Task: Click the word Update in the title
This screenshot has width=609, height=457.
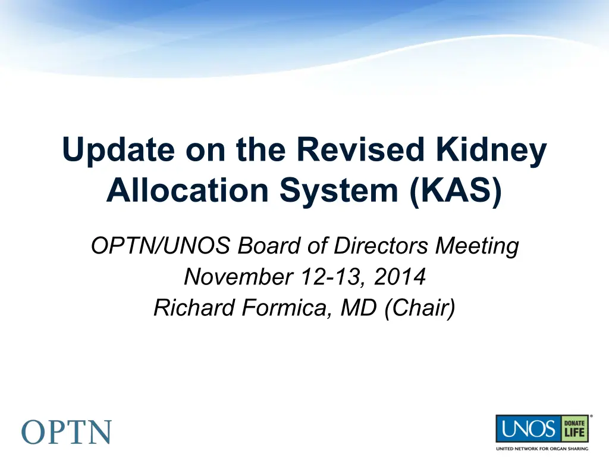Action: click(x=118, y=150)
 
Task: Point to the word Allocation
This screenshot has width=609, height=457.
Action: click(x=187, y=190)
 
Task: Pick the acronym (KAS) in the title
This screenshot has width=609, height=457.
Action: click(x=456, y=191)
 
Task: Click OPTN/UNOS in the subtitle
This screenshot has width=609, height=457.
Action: click(x=161, y=246)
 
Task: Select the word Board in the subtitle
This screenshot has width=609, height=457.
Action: click(x=269, y=246)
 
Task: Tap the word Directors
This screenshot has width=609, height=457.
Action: click(x=381, y=246)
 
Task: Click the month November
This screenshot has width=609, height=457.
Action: click(x=238, y=277)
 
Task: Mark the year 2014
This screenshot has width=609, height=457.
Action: click(x=400, y=277)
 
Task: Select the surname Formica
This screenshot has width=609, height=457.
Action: click(x=287, y=308)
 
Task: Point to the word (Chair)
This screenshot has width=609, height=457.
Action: click(x=419, y=308)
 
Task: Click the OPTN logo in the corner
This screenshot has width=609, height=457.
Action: click(x=67, y=432)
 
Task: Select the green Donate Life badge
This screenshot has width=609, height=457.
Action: click(x=575, y=428)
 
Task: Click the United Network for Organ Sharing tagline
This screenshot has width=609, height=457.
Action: click(x=542, y=449)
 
